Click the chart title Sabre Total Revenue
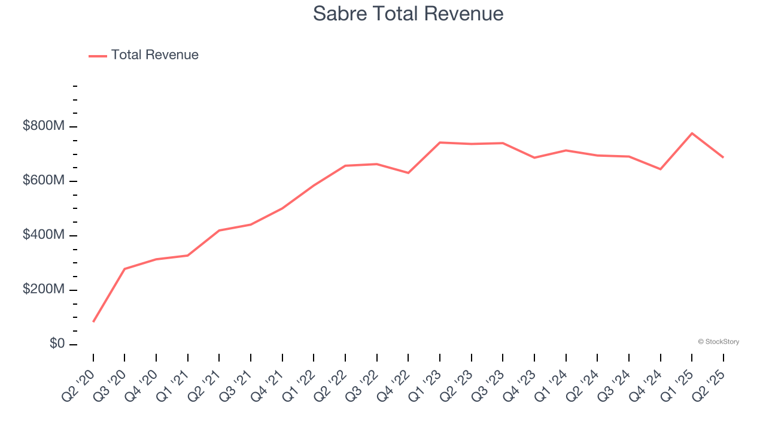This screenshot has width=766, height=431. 408,14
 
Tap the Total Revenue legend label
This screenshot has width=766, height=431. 154,55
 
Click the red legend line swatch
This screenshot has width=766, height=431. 98,56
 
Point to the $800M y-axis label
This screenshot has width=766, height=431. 44,126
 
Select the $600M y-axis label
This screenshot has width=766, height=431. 44,181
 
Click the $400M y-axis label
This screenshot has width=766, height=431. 44,235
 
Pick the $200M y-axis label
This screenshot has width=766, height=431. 44,290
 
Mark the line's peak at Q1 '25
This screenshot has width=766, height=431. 692,133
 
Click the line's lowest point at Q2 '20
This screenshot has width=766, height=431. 93,322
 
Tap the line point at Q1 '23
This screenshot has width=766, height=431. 440,142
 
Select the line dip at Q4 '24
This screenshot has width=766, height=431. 660,169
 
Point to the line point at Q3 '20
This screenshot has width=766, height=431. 124,269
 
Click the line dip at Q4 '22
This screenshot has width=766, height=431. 408,173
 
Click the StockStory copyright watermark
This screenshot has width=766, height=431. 718,342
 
